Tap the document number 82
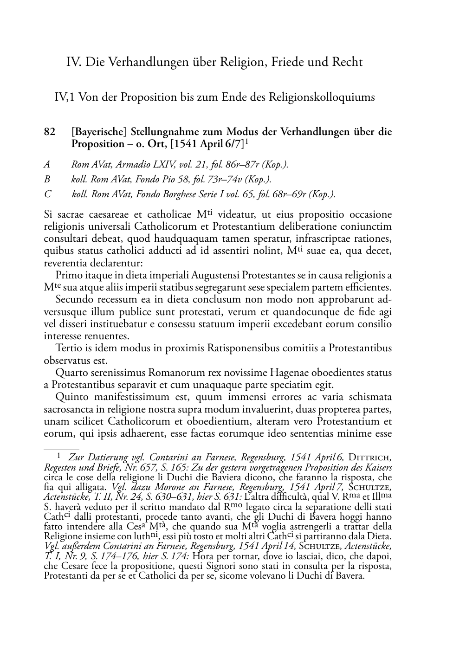[49, 132]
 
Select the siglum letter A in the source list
[46, 165]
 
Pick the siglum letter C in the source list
[47, 194]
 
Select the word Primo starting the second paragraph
[69, 275]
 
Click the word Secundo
[73, 300]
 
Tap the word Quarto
[71, 373]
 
